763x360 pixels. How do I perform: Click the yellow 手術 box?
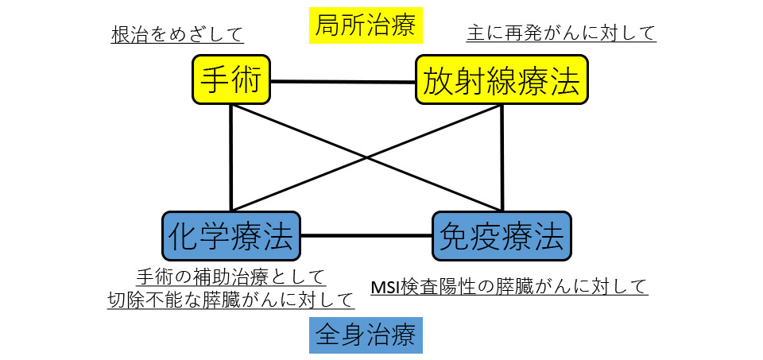point(230,79)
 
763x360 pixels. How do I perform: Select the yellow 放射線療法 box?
point(502,79)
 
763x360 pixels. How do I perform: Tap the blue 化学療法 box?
point(231,236)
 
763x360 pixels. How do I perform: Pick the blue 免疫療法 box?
point(502,236)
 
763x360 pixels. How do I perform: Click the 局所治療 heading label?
point(365,27)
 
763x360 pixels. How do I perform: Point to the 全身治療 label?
point(365,335)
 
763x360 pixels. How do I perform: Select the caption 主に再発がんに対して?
point(560,33)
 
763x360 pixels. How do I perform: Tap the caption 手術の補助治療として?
point(230,277)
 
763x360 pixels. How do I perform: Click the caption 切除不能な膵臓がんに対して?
point(230,300)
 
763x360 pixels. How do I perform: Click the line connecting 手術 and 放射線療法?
point(343,81)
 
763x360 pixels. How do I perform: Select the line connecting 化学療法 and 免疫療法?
point(366,236)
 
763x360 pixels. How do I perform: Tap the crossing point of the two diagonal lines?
point(366,157)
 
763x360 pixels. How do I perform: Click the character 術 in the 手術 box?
point(248,79)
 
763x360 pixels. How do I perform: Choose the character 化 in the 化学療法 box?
point(183,236)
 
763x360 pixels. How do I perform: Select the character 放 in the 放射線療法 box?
point(439,79)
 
